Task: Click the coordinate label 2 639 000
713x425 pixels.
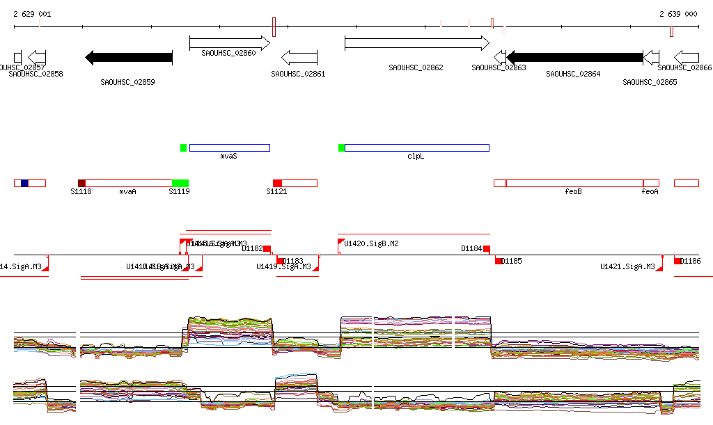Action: [x=678, y=14]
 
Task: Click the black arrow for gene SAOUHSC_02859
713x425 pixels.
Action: [x=128, y=57]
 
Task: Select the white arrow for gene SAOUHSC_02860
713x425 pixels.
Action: [x=230, y=43]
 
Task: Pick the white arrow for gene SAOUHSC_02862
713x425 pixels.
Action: [x=416, y=43]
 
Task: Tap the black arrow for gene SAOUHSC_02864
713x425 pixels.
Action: [x=574, y=57]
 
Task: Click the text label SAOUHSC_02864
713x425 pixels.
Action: [x=573, y=73]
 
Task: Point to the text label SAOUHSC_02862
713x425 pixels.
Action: [x=416, y=67]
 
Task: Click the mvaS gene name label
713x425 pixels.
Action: [x=229, y=157]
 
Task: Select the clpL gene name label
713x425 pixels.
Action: [x=416, y=157]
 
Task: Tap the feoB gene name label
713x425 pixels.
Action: [x=573, y=191]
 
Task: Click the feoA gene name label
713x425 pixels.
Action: [x=650, y=191]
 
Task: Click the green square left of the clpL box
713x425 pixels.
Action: [x=341, y=147]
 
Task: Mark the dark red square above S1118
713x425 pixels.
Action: [x=81, y=183]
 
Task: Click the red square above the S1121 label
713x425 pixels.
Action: [x=277, y=183]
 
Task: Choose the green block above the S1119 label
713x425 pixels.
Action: [x=180, y=183]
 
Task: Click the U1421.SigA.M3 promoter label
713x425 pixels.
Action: [x=627, y=266]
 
